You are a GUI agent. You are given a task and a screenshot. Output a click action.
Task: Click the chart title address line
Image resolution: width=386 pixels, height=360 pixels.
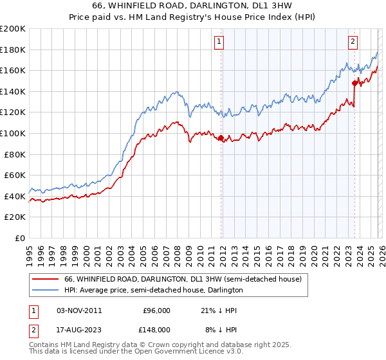pyautogui.click(x=192, y=6)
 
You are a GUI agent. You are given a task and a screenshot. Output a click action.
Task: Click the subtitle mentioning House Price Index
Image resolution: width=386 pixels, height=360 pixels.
pyautogui.click(x=192, y=16)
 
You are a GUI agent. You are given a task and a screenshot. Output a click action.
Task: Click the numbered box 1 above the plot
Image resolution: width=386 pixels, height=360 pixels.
pyautogui.click(x=219, y=42)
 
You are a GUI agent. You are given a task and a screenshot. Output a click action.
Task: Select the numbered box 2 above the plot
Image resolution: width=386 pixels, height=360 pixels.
pyautogui.click(x=353, y=42)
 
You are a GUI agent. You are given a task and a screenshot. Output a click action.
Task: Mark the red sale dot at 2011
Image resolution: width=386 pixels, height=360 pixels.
pyautogui.click(x=221, y=138)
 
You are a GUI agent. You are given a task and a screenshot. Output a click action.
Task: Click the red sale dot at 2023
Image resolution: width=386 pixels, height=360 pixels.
pyautogui.click(x=354, y=83)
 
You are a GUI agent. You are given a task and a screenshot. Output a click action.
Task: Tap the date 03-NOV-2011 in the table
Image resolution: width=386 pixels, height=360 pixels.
pyautogui.click(x=80, y=310)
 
